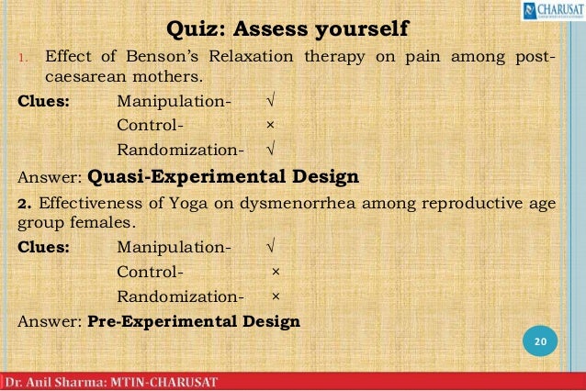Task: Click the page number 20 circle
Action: pos(540,342)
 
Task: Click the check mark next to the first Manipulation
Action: pos(268,101)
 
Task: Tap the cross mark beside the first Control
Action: pos(268,126)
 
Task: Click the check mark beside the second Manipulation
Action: pos(272,247)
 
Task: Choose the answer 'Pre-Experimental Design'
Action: pos(194,321)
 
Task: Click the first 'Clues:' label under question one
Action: pos(44,101)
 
